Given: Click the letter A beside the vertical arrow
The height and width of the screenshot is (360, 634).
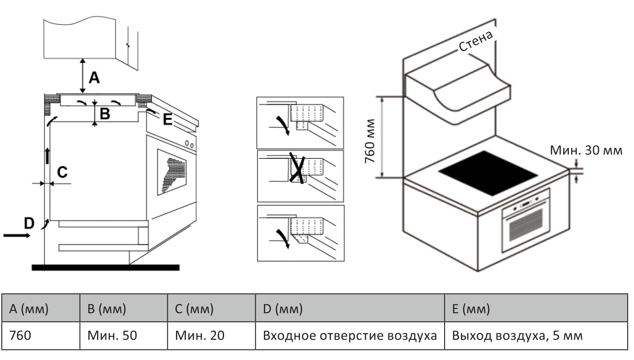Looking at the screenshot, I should click(x=94, y=78).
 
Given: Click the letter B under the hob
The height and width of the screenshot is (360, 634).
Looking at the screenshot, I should click(x=105, y=114).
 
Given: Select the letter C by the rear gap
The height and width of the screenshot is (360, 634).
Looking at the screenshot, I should click(x=62, y=172).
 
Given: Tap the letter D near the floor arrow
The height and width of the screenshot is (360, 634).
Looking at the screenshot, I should click(x=29, y=222).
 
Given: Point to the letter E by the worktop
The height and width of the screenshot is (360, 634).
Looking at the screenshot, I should click(x=167, y=120).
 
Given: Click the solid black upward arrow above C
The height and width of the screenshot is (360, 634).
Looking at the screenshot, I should click(x=47, y=156).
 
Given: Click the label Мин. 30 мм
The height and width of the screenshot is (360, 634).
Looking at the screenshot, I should click(x=586, y=151).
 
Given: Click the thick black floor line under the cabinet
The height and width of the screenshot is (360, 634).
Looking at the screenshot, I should click(x=106, y=268).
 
